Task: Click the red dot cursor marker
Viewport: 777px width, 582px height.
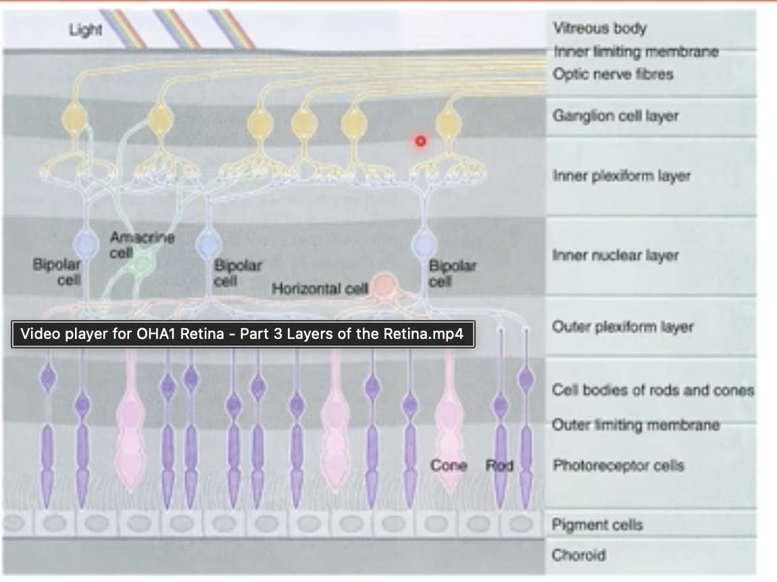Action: [420, 140]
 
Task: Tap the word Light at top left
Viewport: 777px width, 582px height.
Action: [86, 30]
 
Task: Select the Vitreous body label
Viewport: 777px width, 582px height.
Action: [599, 28]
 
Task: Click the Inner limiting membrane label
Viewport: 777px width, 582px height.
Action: [635, 51]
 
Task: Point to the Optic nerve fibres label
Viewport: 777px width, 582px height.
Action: [613, 74]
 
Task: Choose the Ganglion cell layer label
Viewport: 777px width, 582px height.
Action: [616, 115]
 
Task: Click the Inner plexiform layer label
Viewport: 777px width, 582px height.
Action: [621, 176]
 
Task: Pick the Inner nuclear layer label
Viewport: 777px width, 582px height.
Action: [615, 255]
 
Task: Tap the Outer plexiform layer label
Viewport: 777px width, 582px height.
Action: [622, 327]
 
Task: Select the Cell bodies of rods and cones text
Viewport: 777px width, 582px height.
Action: [652, 390]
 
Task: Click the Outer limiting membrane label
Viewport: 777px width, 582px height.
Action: [635, 425]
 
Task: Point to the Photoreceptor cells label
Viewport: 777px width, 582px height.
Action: [618, 465]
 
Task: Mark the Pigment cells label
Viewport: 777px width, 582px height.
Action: [597, 525]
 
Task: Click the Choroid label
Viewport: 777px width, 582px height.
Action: [578, 555]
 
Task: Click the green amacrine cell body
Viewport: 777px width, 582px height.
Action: [143, 263]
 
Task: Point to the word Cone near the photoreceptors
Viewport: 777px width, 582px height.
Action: [449, 465]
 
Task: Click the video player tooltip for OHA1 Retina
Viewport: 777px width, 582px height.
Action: [243, 334]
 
